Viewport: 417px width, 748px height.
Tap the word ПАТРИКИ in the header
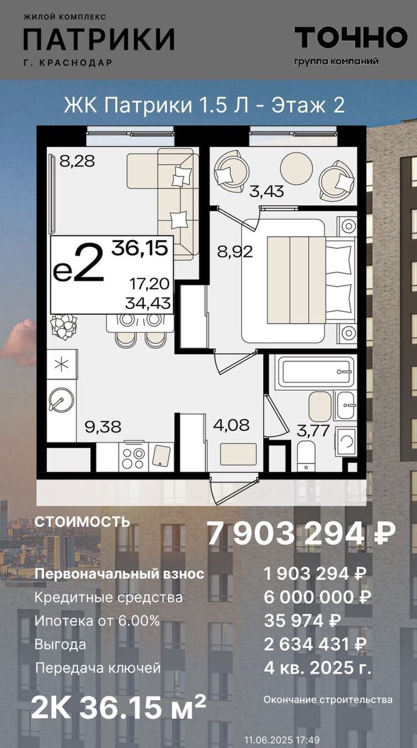click(99, 39)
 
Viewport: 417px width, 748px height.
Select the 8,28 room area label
click(77, 161)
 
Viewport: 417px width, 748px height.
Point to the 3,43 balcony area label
click(267, 192)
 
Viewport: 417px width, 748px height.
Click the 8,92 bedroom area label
click(235, 251)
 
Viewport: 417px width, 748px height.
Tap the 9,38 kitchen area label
click(103, 427)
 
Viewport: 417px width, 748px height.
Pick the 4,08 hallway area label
click(231, 425)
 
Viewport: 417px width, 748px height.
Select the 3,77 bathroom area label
click(313, 431)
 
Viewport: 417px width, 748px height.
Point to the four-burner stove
click(133, 456)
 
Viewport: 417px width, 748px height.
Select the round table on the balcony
click(297, 168)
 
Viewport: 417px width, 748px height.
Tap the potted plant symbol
click(64, 326)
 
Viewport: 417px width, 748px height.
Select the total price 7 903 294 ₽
click(302, 534)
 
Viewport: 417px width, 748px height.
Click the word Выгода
click(60, 644)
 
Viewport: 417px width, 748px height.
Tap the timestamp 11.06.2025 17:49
click(282, 739)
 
